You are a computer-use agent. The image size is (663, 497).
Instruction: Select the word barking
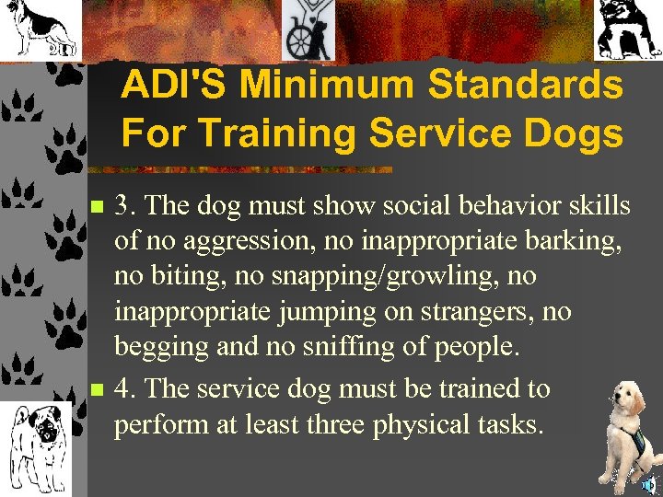[575, 242]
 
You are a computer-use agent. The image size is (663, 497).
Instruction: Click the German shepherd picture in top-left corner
[39, 29]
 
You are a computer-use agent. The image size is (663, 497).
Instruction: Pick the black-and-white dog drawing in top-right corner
[627, 29]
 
